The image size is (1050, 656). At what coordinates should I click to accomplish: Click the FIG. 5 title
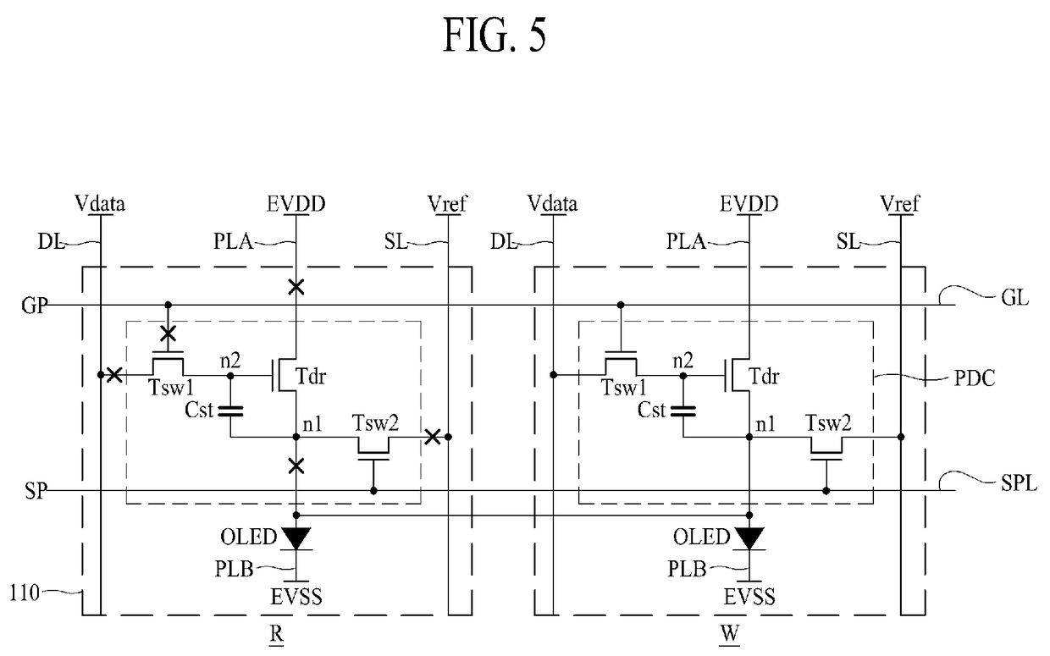(x=495, y=36)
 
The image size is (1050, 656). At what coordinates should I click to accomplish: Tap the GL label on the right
(x=1014, y=298)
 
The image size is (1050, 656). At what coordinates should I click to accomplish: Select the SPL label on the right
(x=1019, y=482)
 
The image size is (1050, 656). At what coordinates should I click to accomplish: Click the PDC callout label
(x=975, y=378)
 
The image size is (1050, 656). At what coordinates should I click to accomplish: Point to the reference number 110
(x=25, y=593)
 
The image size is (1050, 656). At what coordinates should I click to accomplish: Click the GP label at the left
(x=35, y=306)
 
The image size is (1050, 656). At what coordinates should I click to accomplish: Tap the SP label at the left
(x=36, y=491)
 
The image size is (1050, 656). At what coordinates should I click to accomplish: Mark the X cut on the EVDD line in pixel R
(x=296, y=287)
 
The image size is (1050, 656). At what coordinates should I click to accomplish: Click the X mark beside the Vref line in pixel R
(x=432, y=437)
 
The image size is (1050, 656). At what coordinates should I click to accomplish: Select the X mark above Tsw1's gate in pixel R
(x=169, y=334)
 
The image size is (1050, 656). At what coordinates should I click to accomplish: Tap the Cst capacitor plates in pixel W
(x=683, y=411)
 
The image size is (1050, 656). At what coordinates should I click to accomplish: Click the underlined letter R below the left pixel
(x=277, y=635)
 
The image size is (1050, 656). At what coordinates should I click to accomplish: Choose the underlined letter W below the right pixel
(x=730, y=635)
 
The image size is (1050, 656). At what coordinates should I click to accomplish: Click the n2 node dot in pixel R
(x=230, y=376)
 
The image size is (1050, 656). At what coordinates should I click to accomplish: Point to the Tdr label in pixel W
(x=764, y=376)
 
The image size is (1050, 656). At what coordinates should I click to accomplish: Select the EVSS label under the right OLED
(x=749, y=597)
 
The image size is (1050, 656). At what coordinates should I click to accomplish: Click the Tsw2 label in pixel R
(x=375, y=423)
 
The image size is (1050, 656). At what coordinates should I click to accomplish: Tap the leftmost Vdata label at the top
(x=100, y=204)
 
